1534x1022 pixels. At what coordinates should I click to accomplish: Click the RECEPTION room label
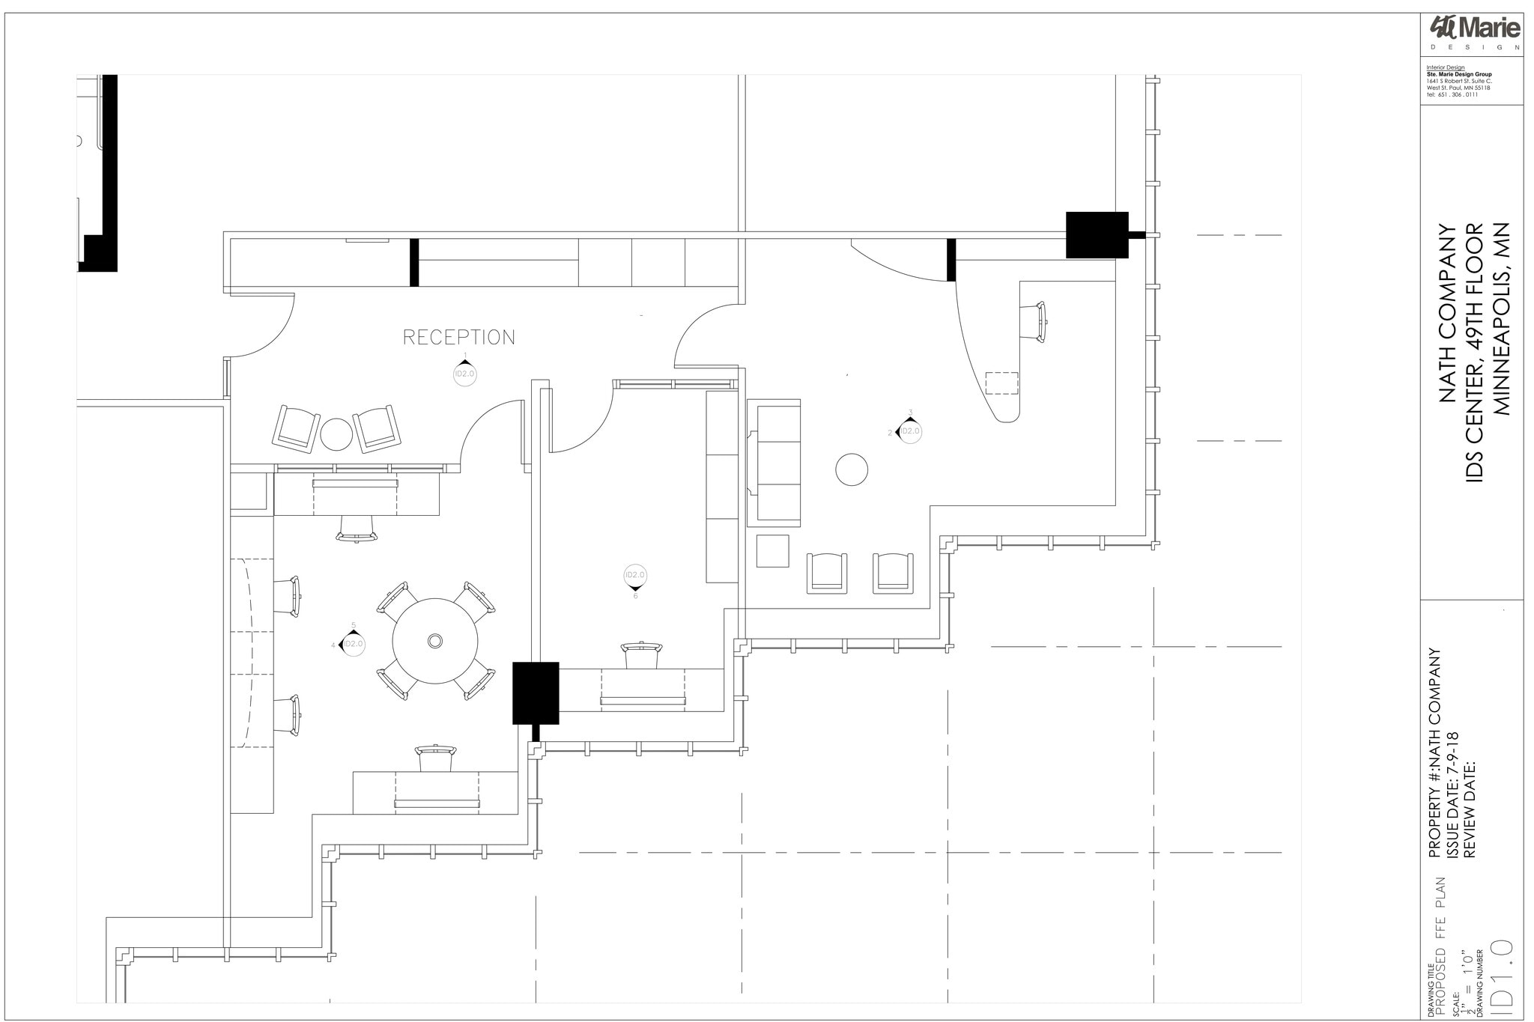coord(458,338)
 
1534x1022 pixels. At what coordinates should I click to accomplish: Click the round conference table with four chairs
coord(435,641)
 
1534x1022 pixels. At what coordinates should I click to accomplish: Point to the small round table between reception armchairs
coord(336,434)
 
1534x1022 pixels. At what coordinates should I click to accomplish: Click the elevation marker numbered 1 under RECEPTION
coord(464,372)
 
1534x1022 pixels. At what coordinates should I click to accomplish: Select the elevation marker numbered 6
coord(634,577)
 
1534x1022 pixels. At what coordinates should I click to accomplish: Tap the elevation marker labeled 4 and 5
coord(352,644)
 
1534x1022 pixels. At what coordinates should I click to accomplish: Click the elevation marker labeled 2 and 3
coord(909,431)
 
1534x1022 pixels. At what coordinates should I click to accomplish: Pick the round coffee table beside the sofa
coord(852,469)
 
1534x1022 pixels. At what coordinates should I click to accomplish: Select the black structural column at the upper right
coord(1097,235)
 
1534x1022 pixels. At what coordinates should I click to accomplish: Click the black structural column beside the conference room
coord(536,693)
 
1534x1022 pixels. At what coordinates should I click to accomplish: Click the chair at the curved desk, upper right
coord(1034,322)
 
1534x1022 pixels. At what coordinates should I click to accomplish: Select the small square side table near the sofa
coord(772,551)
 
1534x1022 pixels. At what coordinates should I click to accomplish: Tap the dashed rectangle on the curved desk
coord(1001,383)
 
